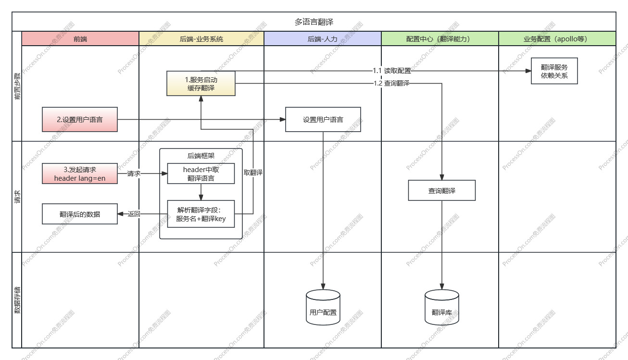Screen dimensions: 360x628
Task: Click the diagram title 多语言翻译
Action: (314, 22)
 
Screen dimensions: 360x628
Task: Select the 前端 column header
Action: (80, 39)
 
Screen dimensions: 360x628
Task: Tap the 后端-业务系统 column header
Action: (201, 39)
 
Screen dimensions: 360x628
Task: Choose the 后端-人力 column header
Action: (322, 39)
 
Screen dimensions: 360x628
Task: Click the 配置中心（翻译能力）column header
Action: (440, 39)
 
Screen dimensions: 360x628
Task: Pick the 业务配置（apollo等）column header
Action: (557, 39)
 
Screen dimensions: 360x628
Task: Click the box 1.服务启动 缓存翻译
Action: (201, 84)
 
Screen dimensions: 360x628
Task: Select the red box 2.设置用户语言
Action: (80, 119)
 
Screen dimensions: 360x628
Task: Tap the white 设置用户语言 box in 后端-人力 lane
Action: (323, 119)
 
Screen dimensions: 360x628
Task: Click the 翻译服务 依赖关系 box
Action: (554, 71)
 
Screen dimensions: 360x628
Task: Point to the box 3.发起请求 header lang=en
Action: (80, 174)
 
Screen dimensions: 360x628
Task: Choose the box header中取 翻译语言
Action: (201, 174)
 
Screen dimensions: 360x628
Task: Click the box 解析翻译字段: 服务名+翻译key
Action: (201, 214)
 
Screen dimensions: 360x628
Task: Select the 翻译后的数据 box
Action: (80, 214)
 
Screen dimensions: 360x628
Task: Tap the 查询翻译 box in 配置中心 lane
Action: (441, 190)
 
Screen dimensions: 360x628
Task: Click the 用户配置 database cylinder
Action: (323, 308)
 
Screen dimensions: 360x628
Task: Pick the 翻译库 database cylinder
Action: (441, 308)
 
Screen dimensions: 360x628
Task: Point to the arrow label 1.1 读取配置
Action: (392, 71)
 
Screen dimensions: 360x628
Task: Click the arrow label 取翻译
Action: (253, 173)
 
